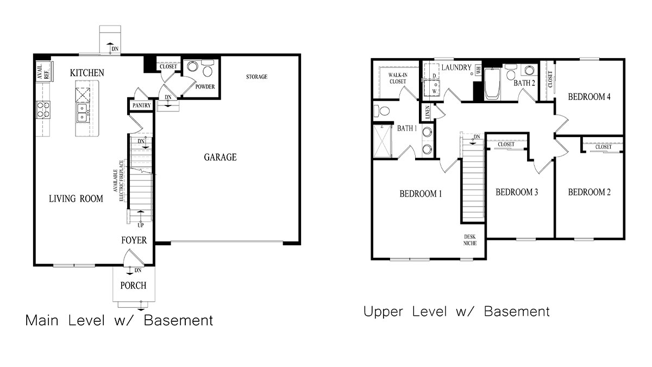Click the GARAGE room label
[220, 158]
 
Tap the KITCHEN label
[87, 73]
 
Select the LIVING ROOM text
[76, 199]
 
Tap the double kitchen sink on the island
[83, 113]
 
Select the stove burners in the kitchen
[43, 110]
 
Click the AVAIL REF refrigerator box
[43, 72]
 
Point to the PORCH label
[133, 285]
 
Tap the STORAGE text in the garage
[256, 77]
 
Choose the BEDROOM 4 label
[590, 97]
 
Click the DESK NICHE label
[470, 240]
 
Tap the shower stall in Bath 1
[385, 140]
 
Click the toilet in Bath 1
[382, 111]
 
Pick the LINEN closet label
[428, 113]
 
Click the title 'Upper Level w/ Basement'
[456, 312]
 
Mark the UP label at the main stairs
[140, 225]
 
